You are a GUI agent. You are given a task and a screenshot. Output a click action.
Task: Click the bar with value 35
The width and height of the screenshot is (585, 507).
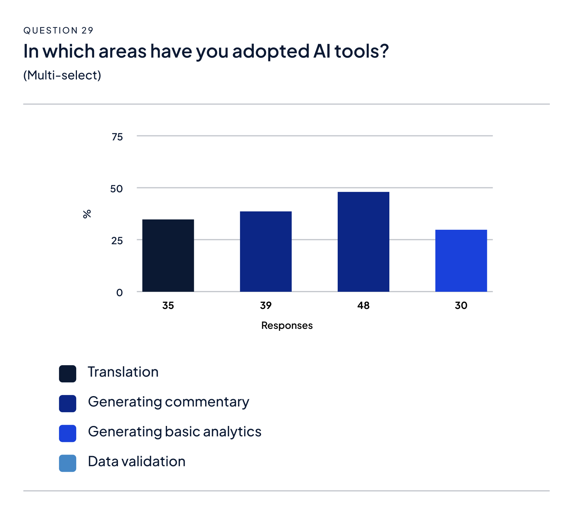(x=168, y=255)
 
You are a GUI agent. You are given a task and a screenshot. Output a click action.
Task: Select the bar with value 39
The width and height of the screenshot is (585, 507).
(x=266, y=252)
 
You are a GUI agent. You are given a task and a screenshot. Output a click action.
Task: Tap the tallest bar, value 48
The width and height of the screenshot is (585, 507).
(x=363, y=242)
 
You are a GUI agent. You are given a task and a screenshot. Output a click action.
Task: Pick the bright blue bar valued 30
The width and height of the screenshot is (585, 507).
(x=461, y=261)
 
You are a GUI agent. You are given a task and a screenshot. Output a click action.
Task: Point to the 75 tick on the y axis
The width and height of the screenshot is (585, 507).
(x=117, y=137)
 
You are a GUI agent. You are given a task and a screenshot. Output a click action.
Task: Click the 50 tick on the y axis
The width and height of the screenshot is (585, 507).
(x=116, y=189)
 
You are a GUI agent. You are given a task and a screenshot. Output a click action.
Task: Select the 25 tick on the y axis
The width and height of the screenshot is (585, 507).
(x=117, y=241)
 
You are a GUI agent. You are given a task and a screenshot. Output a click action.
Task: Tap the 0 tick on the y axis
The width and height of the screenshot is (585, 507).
(x=119, y=293)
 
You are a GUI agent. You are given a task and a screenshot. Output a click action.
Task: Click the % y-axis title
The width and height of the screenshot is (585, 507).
(x=87, y=214)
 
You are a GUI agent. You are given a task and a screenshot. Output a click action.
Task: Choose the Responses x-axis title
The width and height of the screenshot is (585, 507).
(x=287, y=326)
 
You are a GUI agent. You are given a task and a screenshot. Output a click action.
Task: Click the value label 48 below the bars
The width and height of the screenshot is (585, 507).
(x=363, y=305)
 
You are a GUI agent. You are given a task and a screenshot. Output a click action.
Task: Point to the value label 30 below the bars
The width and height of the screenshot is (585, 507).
(x=461, y=305)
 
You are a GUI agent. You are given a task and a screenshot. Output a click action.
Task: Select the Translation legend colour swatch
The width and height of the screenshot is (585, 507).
(x=67, y=374)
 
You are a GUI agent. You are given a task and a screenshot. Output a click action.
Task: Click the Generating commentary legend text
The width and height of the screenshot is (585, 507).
(x=168, y=402)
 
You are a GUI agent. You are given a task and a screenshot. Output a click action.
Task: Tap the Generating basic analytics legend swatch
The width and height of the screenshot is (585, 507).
(x=67, y=433)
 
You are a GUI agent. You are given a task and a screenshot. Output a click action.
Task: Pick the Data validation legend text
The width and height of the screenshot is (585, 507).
(x=137, y=461)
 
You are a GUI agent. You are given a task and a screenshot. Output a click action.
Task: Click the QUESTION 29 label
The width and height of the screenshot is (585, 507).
(x=58, y=31)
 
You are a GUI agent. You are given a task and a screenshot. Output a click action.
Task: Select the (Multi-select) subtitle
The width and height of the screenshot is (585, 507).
(x=62, y=75)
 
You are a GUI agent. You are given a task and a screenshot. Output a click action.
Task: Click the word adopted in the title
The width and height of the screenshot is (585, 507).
(x=270, y=51)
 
